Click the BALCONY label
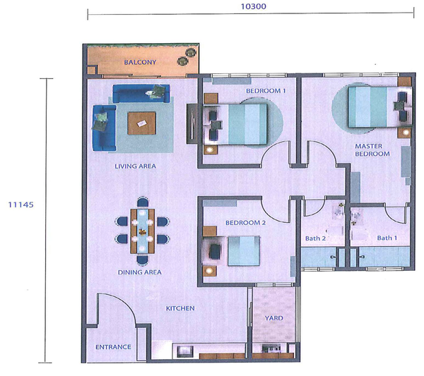[140, 62]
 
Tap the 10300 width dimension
[254, 6]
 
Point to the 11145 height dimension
[20, 205]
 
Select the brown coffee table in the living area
[142, 123]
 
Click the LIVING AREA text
[135, 166]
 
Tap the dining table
[143, 231]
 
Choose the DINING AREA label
[139, 272]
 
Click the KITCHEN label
[180, 308]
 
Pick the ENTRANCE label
[113, 347]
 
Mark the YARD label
[274, 318]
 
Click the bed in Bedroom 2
[244, 251]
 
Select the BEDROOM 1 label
[266, 91]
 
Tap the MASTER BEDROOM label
[372, 150]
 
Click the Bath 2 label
[315, 238]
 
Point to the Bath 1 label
[387, 238]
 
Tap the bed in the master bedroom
[373, 107]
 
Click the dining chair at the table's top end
[143, 202]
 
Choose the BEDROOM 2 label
[245, 223]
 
